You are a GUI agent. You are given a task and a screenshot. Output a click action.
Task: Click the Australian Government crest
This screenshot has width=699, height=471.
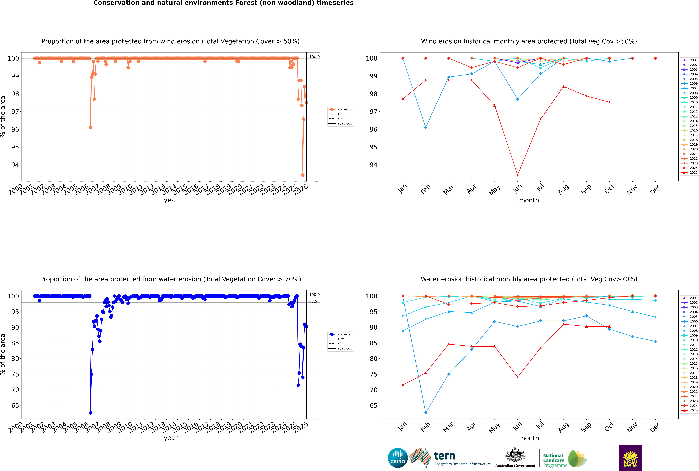(x=515, y=457)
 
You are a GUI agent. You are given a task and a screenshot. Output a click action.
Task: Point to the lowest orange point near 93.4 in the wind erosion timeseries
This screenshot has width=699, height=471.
(x=303, y=175)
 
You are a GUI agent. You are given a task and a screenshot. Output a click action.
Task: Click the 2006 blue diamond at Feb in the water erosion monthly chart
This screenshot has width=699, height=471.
(x=426, y=413)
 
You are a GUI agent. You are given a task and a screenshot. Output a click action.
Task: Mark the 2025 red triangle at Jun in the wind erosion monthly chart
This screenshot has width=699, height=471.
(x=517, y=175)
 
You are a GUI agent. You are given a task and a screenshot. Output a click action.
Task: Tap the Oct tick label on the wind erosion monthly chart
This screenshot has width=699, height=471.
(x=609, y=189)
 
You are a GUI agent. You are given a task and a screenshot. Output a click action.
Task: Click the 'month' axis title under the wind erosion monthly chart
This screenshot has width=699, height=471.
(x=529, y=200)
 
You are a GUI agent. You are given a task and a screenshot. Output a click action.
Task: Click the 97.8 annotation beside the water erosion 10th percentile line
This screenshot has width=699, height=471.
(x=313, y=302)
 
